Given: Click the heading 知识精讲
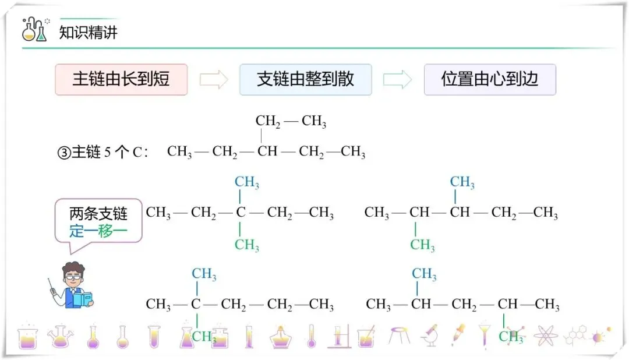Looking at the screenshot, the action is point(88,32).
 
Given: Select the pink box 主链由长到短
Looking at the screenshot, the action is point(121,79).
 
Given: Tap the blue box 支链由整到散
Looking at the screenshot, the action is point(305,79).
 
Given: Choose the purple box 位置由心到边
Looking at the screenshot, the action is point(490,79).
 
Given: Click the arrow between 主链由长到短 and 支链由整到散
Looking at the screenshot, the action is point(214,80).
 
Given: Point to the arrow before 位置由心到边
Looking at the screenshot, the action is point(398,80).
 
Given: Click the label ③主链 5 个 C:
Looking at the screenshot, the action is point(102,153).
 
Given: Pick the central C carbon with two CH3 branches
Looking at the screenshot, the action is point(241,213).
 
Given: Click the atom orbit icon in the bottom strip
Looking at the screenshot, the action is point(546,336).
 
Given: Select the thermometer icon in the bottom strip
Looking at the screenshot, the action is point(311,336).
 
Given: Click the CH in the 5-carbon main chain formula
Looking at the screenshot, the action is point(267,152).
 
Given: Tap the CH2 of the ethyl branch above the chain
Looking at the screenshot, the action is point(268,122).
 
